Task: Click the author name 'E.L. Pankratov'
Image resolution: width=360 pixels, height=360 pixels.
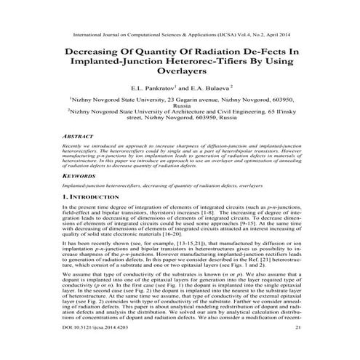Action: pos(153,85)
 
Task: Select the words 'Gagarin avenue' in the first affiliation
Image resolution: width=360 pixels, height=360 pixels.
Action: pos(191,97)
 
